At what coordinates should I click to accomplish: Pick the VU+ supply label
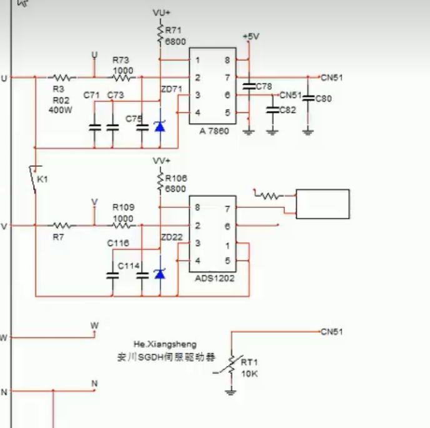pyautogui.click(x=161, y=12)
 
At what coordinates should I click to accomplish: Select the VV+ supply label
pyautogui.click(x=161, y=161)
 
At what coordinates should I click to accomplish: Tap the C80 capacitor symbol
pyautogui.click(x=307, y=98)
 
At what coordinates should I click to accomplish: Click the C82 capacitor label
pyautogui.click(x=287, y=110)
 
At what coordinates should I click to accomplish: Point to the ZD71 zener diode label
pyautogui.click(x=171, y=89)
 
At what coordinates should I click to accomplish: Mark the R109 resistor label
pyautogui.click(x=122, y=207)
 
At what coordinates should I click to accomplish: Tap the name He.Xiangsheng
pyautogui.click(x=164, y=344)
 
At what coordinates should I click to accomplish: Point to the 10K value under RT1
pyautogui.click(x=249, y=374)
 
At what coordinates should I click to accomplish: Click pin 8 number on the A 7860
pyautogui.click(x=227, y=61)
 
